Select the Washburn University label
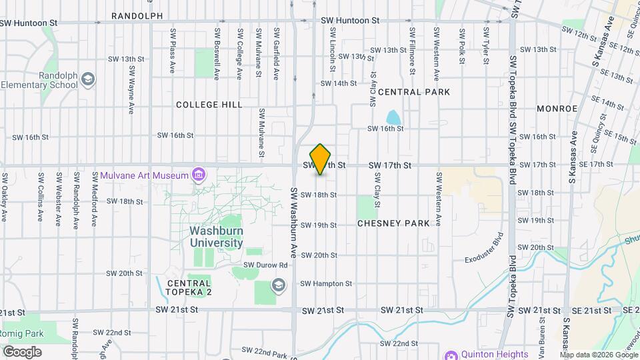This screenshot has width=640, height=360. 216,237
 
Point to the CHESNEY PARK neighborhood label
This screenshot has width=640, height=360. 393,223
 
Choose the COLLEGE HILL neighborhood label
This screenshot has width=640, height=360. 209,105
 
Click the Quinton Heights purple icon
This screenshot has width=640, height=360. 451,355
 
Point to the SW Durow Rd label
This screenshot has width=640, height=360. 265,265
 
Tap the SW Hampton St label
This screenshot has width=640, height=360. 326,283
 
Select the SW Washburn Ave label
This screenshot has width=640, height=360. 293,223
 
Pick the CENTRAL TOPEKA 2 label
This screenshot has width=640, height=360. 189,287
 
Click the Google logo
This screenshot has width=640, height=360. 22,351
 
